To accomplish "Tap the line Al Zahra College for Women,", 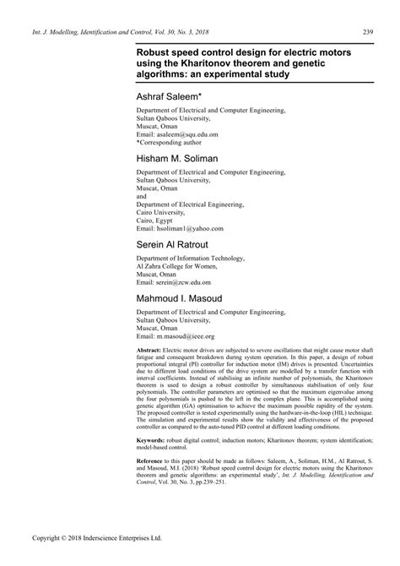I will pos(177,265).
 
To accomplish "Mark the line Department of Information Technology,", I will pos(191,257).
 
